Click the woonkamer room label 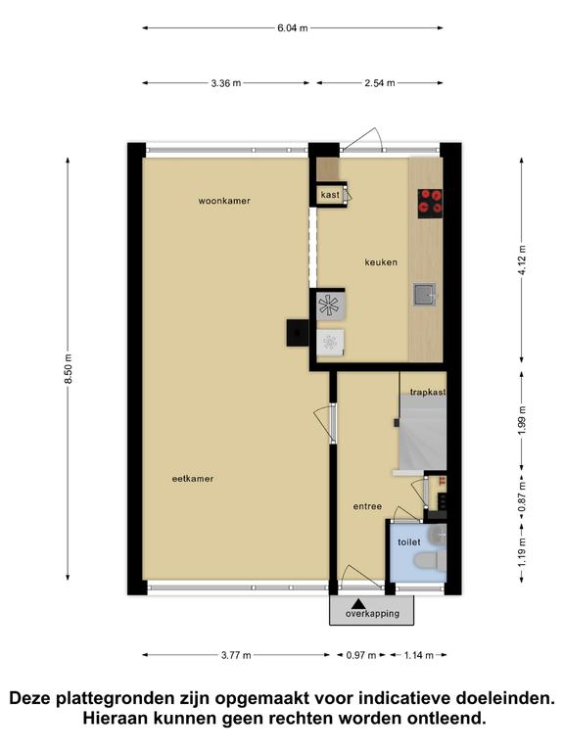click(224, 201)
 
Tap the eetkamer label click(193, 479)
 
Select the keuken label click(381, 262)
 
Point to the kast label click(330, 195)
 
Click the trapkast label click(428, 393)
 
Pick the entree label click(367, 506)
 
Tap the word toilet click(409, 542)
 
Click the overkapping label click(372, 614)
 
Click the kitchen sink click(425, 295)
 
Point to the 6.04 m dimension click(293, 27)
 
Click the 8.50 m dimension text click(69, 368)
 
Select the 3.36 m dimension click(226, 83)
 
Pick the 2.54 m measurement click(380, 83)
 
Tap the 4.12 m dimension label click(522, 259)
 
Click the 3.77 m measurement click(236, 655)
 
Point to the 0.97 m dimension click(361, 655)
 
